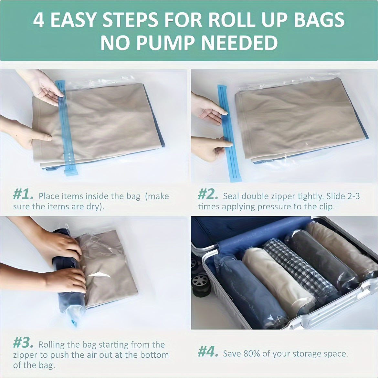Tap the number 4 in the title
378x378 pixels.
(39, 20)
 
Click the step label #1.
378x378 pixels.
(23, 195)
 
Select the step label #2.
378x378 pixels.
(208, 195)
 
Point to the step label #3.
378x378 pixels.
(23, 342)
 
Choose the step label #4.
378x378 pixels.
(208, 352)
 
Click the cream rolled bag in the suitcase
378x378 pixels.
(278, 281)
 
